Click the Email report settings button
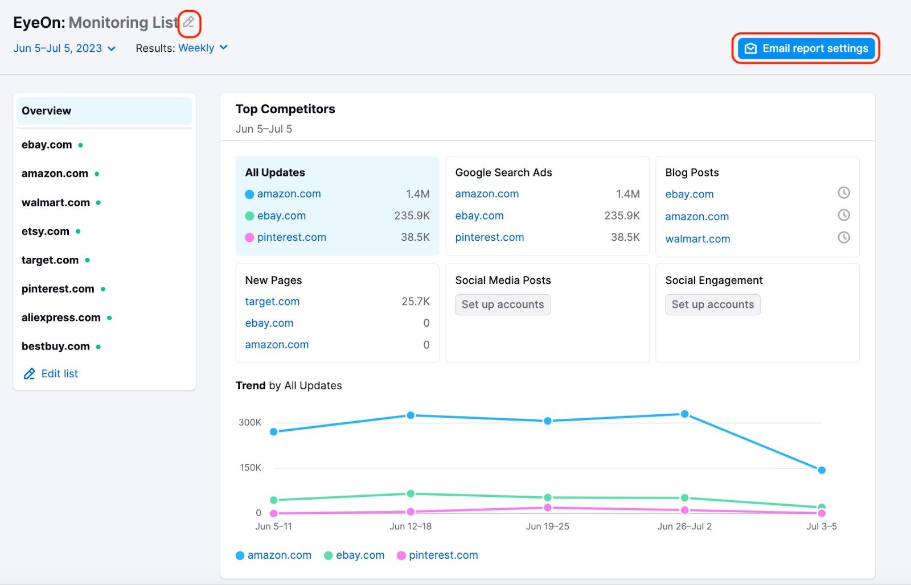(x=806, y=48)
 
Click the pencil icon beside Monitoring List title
(x=189, y=22)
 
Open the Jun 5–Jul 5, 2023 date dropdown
(x=64, y=48)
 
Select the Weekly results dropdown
(x=203, y=48)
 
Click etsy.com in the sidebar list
(x=46, y=231)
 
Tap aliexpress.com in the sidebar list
(x=61, y=318)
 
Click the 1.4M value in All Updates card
(x=417, y=194)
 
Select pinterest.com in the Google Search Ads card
(x=489, y=237)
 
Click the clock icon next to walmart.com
(x=843, y=237)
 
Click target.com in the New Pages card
(x=272, y=302)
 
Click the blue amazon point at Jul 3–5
(x=821, y=470)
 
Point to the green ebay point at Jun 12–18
(x=411, y=493)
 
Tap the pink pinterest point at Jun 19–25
(x=547, y=507)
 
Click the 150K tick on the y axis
(x=250, y=468)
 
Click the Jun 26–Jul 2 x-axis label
(x=684, y=526)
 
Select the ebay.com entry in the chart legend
(x=359, y=555)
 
